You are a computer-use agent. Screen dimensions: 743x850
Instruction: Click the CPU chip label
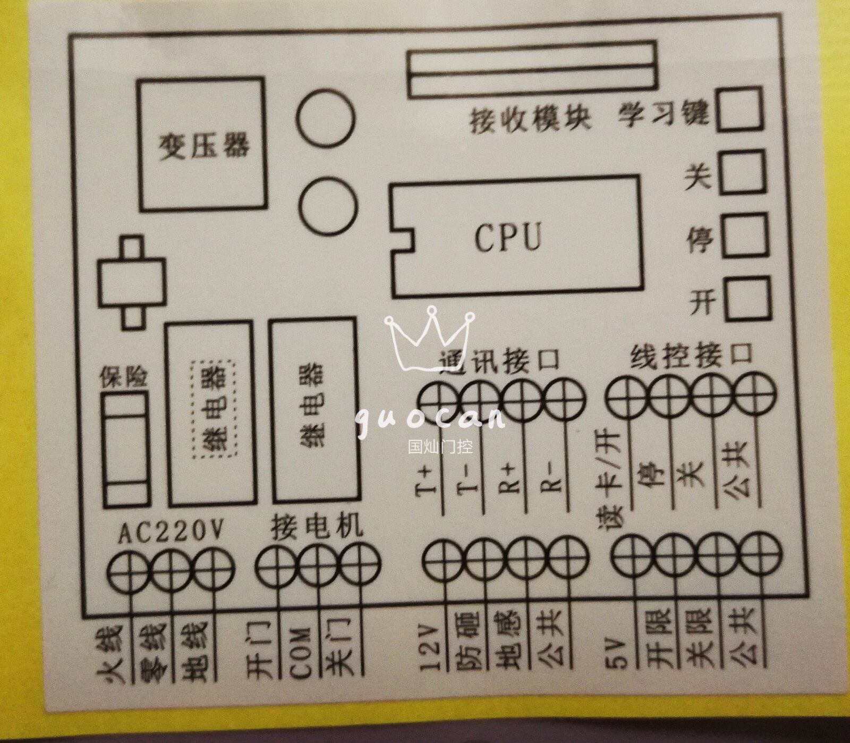[x=507, y=237]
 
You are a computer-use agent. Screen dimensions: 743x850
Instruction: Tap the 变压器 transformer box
[x=202, y=143]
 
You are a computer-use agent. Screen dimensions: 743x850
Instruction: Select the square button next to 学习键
[x=739, y=109]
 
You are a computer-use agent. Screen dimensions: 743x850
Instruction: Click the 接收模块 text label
[x=530, y=120]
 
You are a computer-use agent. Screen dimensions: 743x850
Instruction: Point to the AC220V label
[x=171, y=532]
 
